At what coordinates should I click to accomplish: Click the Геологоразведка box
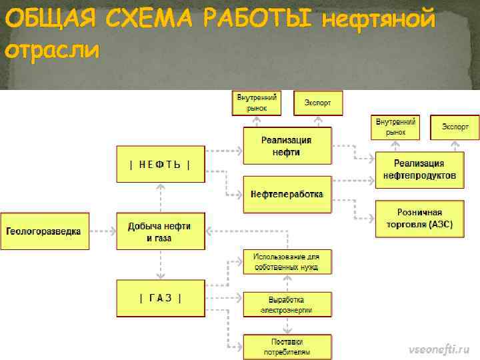coord(45,231)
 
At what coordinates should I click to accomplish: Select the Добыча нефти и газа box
coord(160,231)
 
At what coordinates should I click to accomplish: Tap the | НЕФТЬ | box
coord(160,164)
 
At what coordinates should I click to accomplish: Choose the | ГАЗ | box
coord(160,298)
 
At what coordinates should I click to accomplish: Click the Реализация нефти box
coord(286,146)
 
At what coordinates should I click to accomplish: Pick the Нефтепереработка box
coord(286,194)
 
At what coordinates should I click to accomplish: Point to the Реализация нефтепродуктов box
coord(419,169)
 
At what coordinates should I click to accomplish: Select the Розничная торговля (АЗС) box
coord(419,219)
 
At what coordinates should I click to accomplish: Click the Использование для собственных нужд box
coord(286,262)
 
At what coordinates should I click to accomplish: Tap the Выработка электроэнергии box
coord(286,305)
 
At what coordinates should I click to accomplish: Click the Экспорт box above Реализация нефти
coord(317,103)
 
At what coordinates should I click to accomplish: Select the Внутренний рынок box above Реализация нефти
coord(256,103)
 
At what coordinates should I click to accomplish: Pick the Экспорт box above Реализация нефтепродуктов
coord(455,127)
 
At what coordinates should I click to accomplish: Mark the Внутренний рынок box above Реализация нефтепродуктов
coord(395,127)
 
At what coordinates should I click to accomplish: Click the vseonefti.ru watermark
coord(439,349)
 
